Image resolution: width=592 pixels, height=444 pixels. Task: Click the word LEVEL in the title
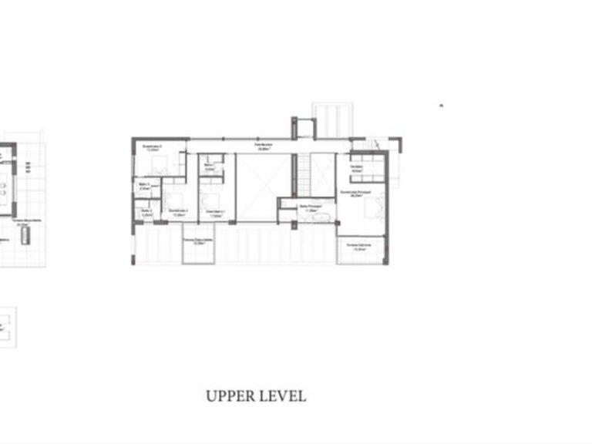tap(282, 397)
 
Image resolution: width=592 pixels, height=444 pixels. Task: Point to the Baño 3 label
tap(145, 185)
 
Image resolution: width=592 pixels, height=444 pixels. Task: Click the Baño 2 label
tap(145, 211)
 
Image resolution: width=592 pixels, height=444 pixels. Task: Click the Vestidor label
tap(357, 168)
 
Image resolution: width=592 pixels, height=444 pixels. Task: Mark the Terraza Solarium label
tap(358, 246)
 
